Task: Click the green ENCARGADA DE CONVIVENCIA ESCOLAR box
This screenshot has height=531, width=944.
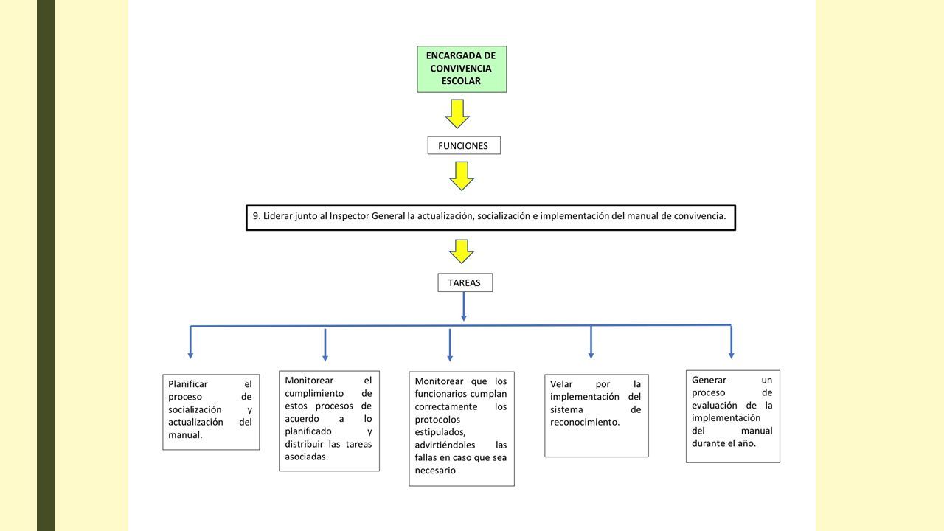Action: click(x=462, y=69)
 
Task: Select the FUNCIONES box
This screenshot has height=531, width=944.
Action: click(x=464, y=145)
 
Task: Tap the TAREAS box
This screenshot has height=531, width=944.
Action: click(x=465, y=282)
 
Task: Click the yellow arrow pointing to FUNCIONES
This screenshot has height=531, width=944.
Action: click(x=457, y=114)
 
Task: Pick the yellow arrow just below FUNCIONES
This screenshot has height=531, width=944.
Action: click(x=462, y=176)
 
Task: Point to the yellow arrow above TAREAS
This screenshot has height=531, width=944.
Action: click(x=462, y=251)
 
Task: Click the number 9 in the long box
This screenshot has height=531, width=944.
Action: click(x=256, y=216)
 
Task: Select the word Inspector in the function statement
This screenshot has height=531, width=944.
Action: click(x=349, y=216)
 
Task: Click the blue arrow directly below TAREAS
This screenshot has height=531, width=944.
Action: click(x=464, y=306)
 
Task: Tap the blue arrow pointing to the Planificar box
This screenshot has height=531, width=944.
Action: click(x=190, y=342)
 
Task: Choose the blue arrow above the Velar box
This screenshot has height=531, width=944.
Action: click(x=591, y=341)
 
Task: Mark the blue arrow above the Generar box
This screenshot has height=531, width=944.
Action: click(x=731, y=341)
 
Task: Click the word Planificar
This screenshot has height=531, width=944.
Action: click(x=188, y=384)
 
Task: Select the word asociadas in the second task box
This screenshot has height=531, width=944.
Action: click(x=306, y=457)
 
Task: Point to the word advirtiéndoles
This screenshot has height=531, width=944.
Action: click(x=445, y=445)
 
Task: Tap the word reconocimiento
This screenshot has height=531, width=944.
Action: click(x=585, y=423)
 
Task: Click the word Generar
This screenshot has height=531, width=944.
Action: click(x=709, y=380)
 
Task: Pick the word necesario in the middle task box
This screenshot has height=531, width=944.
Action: click(x=435, y=471)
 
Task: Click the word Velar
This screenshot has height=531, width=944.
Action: click(x=561, y=384)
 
